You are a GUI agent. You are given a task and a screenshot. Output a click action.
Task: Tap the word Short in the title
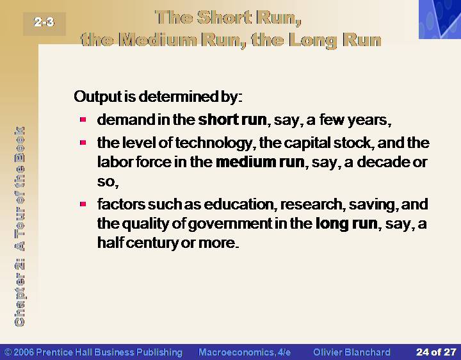coord(224,17)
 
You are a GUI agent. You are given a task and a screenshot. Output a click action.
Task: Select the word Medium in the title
coord(158,40)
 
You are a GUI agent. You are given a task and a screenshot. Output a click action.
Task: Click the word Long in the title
coord(313,40)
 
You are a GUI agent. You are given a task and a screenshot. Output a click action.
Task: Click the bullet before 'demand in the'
coord(83,119)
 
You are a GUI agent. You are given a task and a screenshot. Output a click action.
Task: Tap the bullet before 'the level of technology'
coord(83,143)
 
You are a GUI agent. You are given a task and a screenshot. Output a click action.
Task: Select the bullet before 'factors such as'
coord(83,204)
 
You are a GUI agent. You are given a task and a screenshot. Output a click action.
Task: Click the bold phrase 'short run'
coord(232,120)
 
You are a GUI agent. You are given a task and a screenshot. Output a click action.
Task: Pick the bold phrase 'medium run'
coord(260,162)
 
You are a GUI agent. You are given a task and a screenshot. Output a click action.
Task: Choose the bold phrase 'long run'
coord(346,224)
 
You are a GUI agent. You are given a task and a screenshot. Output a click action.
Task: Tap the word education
coord(238,204)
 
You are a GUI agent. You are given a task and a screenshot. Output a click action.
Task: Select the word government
coord(230,224)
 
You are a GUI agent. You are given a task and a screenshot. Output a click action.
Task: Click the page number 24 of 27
coord(436,352)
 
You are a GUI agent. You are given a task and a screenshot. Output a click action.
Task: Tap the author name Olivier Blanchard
coord(352,352)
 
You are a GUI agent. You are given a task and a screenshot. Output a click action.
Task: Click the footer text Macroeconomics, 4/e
coord(245,352)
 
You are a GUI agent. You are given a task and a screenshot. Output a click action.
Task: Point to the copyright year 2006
coord(24,352)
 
